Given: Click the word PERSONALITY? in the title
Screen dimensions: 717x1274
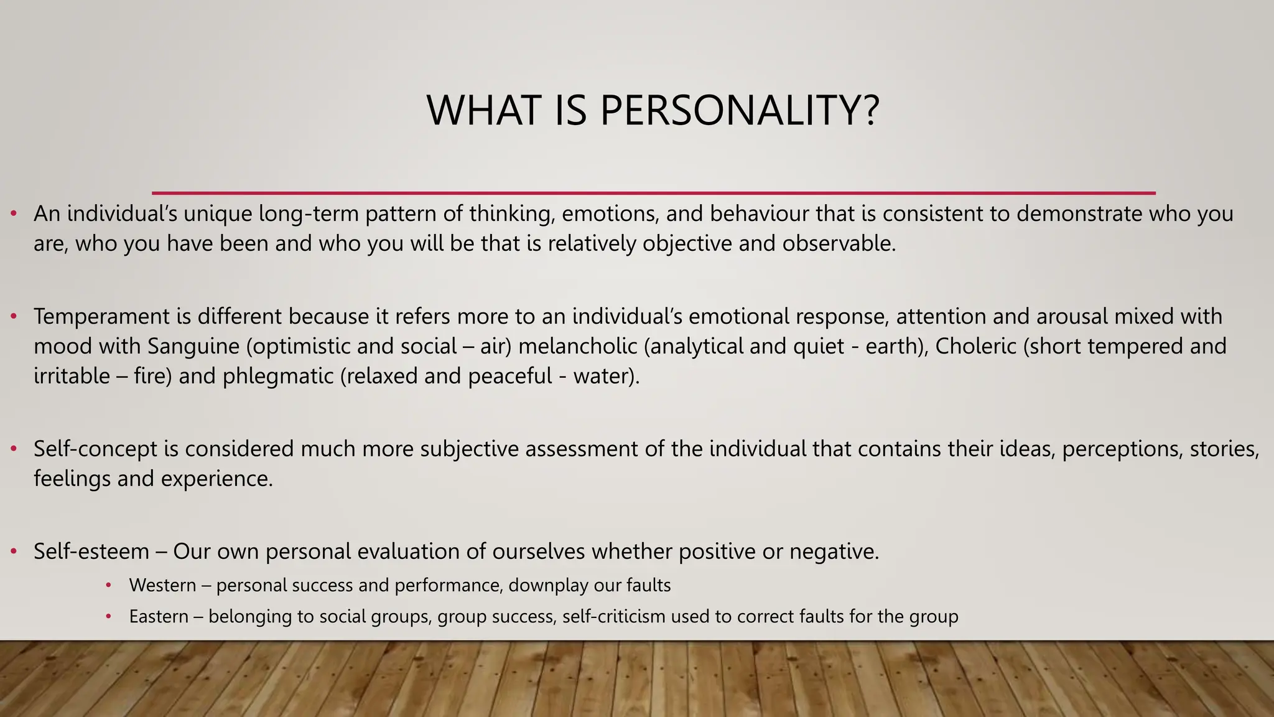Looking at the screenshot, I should [740, 111].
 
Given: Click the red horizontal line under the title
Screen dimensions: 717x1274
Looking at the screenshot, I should [653, 193].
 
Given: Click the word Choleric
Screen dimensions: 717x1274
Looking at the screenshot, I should [975, 346].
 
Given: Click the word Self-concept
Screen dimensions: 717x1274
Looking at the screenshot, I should [95, 449].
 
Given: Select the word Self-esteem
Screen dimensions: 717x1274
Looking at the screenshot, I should [91, 551].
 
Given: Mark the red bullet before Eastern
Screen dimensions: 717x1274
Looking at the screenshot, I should [108, 617].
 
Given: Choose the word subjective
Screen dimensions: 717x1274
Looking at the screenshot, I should [469, 449].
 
